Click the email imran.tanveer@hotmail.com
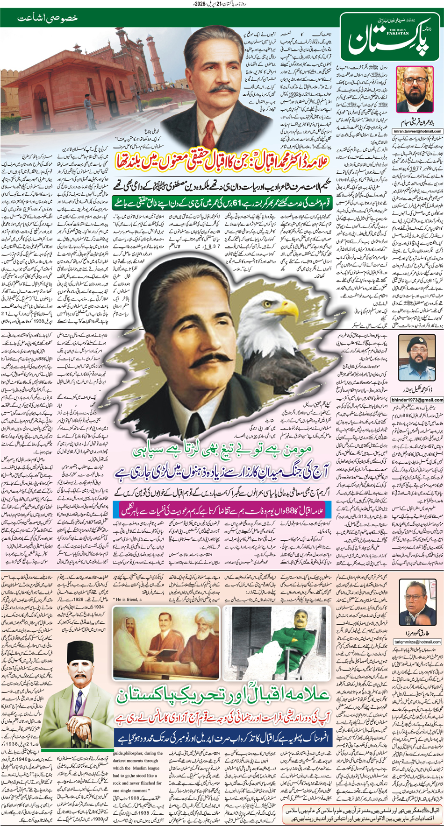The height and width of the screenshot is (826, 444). pos(417,131)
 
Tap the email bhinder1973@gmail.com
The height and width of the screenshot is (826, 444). pos(417,400)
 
